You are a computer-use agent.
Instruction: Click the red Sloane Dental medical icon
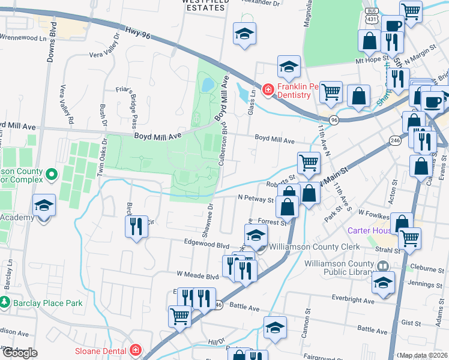pos(136,350)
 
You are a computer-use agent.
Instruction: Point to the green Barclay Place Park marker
pos(5,302)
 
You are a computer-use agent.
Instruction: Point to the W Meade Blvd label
pos(197,277)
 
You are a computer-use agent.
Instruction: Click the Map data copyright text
pos(423,355)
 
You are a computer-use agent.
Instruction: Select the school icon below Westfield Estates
pos(244,33)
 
